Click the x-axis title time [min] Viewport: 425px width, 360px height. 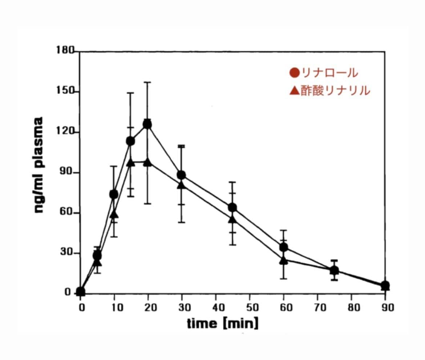(x=222, y=323)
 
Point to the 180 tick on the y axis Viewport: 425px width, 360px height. (x=66, y=50)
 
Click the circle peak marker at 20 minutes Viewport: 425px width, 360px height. (x=147, y=124)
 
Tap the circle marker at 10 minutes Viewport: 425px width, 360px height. (x=114, y=195)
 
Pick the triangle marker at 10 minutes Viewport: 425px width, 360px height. (x=114, y=214)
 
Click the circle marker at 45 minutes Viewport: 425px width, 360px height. (x=232, y=208)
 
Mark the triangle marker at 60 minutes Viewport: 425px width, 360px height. (x=284, y=260)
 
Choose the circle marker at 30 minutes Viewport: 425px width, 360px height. (x=181, y=175)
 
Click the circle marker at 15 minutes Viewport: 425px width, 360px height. (x=130, y=141)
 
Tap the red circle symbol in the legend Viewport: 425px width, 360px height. (x=295, y=73)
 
